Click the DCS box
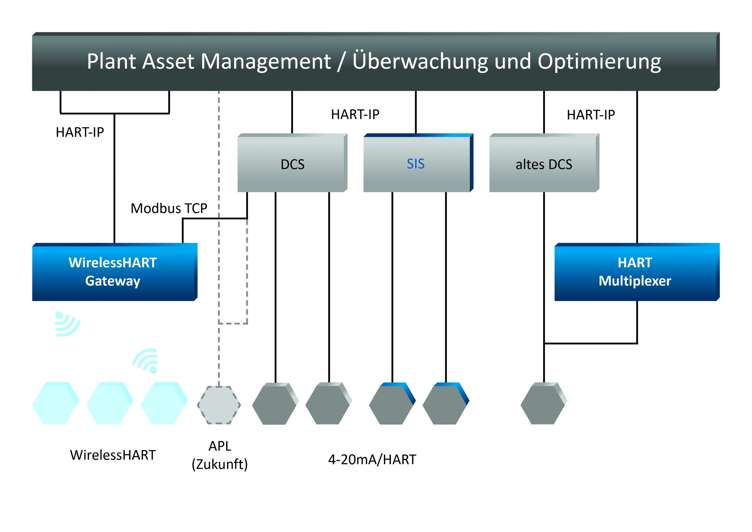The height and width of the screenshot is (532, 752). [292, 164]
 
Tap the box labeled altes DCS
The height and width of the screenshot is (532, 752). [544, 164]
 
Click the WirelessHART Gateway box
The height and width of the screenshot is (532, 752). [113, 272]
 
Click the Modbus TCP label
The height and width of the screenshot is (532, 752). [169, 208]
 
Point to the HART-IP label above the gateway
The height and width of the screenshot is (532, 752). [80, 132]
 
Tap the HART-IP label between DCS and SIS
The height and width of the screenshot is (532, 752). [355, 114]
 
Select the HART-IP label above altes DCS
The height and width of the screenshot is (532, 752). [590, 115]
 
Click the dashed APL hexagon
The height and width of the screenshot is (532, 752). [219, 405]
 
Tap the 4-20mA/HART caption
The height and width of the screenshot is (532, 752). [372, 460]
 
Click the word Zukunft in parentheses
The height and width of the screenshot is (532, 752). [220, 464]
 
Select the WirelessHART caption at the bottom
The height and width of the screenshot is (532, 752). [113, 455]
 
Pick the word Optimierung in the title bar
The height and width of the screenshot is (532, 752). [599, 62]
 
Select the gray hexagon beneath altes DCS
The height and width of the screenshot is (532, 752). [543, 404]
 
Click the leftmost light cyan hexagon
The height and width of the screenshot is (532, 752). [55, 404]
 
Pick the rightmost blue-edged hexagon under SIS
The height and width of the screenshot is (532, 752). [445, 404]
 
